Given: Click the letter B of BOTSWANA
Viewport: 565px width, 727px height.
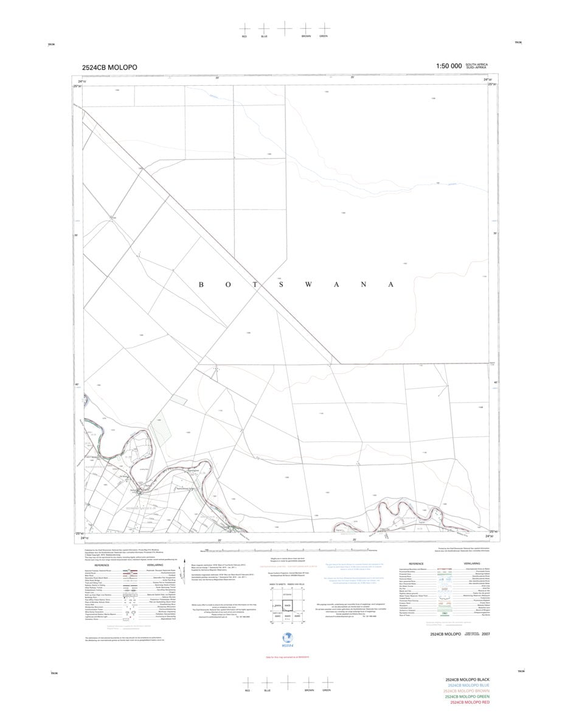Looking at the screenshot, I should pos(201,285).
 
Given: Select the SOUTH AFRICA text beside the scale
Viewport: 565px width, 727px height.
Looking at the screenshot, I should pos(476,64).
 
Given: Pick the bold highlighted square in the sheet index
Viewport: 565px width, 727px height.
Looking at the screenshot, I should pos(287,606).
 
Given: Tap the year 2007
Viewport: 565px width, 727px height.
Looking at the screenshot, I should pos(485,634).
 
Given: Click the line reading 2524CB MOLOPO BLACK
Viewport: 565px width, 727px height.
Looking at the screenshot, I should pos(467,680).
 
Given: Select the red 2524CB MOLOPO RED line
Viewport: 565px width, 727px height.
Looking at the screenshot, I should pos(467,703).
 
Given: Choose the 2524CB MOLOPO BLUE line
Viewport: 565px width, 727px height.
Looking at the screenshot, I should pos(467,686).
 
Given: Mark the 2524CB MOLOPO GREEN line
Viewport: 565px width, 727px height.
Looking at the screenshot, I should pos(467,697).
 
